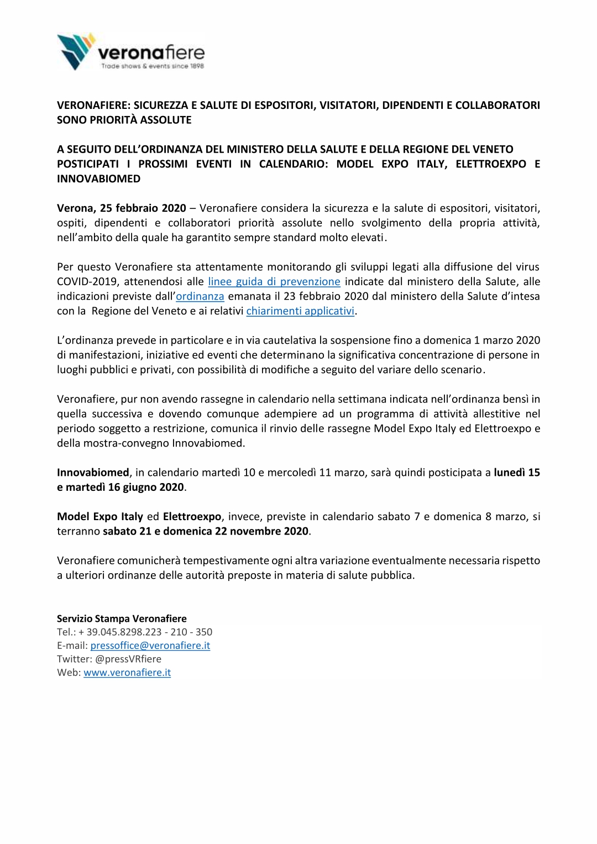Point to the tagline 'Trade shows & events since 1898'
(x=152, y=66)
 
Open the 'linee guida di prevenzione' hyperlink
(x=274, y=282)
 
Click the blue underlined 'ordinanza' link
(x=200, y=296)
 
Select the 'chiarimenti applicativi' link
(x=300, y=311)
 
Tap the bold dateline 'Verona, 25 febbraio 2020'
(x=122, y=208)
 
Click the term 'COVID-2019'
(x=83, y=282)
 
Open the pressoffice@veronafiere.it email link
(x=150, y=646)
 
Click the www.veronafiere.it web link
(x=127, y=673)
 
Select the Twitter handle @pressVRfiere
(x=128, y=659)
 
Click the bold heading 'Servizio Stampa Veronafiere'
(x=122, y=619)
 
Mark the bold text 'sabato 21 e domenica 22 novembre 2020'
(x=206, y=531)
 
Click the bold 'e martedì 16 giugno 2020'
(x=120, y=487)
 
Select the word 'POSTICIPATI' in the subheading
(x=87, y=164)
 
